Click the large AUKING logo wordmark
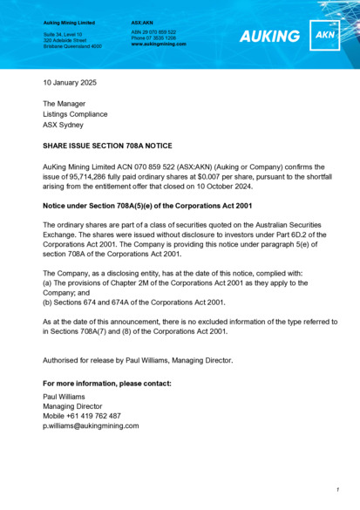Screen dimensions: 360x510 [x=269, y=37]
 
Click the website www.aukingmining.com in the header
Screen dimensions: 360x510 [x=159, y=44]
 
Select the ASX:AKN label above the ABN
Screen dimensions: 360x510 [x=142, y=21]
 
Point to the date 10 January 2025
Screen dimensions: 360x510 [x=70, y=83]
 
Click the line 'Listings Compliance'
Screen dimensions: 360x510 [x=76, y=114]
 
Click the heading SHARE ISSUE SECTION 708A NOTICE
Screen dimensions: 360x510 [x=107, y=146]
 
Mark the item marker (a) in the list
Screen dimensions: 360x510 [x=48, y=282]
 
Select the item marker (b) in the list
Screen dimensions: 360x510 [x=48, y=303]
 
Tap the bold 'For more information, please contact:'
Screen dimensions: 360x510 [x=107, y=383]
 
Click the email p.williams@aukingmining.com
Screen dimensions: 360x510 [x=91, y=426]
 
